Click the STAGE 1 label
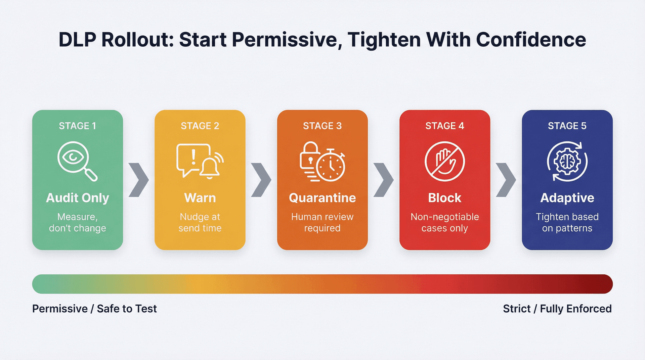(77, 126)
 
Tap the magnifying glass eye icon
(76, 160)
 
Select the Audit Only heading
(77, 198)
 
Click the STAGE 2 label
(200, 126)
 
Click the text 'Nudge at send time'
(200, 222)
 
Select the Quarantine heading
(322, 198)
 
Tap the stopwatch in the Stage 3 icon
(331, 166)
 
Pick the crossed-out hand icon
(444, 161)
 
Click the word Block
(444, 198)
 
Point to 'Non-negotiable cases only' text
(444, 222)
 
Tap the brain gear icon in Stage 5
(567, 162)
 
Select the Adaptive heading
(567, 198)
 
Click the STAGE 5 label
(567, 126)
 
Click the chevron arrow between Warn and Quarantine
(261, 180)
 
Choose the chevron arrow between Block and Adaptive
(506, 180)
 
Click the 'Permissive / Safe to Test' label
(94, 309)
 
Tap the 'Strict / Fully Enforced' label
(557, 309)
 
